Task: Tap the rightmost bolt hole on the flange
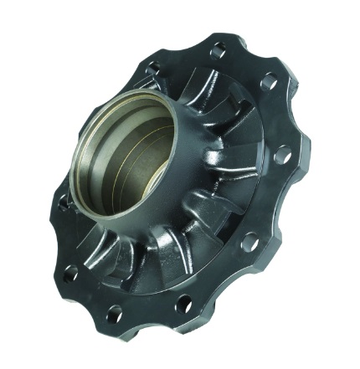(285, 155)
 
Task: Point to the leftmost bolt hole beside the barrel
(71, 272)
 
